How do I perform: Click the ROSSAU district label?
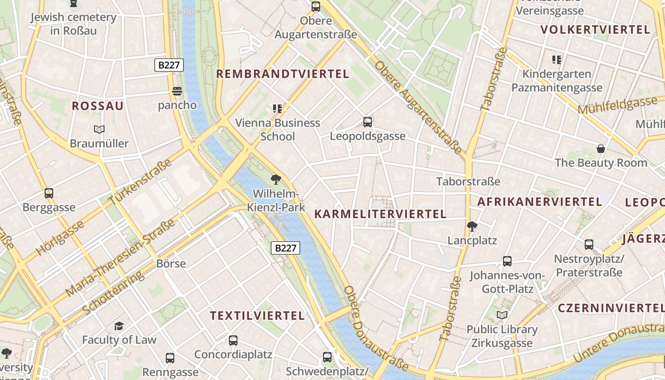(97, 106)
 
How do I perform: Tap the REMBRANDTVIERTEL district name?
(283, 74)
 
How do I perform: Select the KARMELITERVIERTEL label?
(380, 214)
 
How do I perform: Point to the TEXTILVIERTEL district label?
(257, 316)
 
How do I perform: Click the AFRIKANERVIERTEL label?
(540, 202)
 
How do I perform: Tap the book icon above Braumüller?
(99, 129)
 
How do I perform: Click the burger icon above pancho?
(177, 91)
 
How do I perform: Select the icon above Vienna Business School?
(278, 109)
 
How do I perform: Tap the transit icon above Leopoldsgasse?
(368, 122)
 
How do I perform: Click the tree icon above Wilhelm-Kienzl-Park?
(275, 180)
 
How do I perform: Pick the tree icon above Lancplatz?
(472, 226)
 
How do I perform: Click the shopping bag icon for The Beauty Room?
(601, 149)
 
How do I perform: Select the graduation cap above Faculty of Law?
(119, 326)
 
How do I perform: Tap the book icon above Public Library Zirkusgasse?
(502, 315)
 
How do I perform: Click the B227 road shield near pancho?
(169, 65)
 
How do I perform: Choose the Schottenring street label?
(113, 293)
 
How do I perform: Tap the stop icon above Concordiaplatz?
(233, 340)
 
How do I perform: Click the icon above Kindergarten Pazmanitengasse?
(557, 60)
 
